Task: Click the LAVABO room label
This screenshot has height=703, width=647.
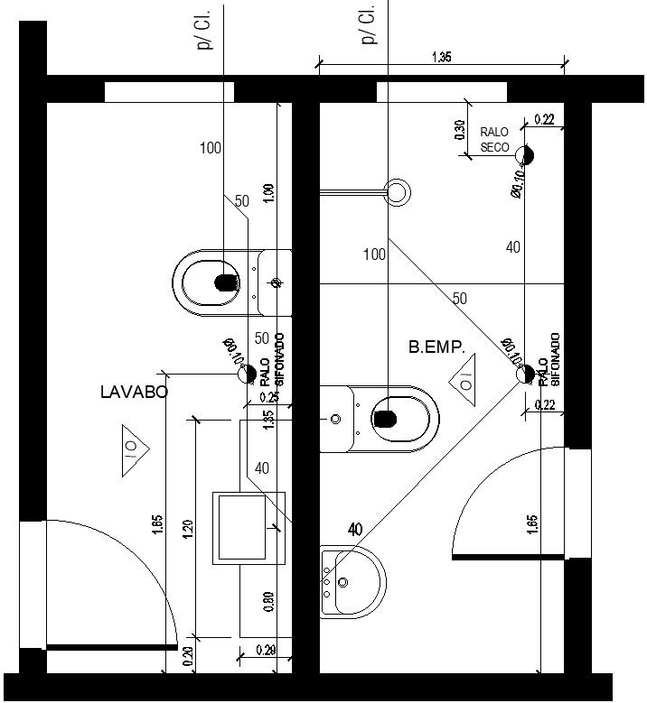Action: pyautogui.click(x=134, y=392)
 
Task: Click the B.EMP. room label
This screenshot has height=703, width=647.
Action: pyautogui.click(x=436, y=346)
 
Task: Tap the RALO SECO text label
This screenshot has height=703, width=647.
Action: pyautogui.click(x=494, y=139)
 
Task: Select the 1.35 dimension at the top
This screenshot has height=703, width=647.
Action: pyautogui.click(x=442, y=57)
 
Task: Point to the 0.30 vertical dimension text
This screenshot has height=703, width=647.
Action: pyautogui.click(x=459, y=132)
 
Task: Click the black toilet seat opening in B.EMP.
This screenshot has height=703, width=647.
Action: pyautogui.click(x=386, y=418)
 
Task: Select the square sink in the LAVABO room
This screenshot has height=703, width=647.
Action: pyautogui.click(x=248, y=528)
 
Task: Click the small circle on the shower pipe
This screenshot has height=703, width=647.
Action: pyautogui.click(x=396, y=190)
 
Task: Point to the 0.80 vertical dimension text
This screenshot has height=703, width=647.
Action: pyautogui.click(x=268, y=603)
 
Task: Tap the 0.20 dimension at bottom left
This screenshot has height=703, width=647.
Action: pyautogui.click(x=188, y=657)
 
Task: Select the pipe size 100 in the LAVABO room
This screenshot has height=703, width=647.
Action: pyautogui.click(x=210, y=148)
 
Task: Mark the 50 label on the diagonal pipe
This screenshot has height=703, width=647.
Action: pyautogui.click(x=460, y=298)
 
